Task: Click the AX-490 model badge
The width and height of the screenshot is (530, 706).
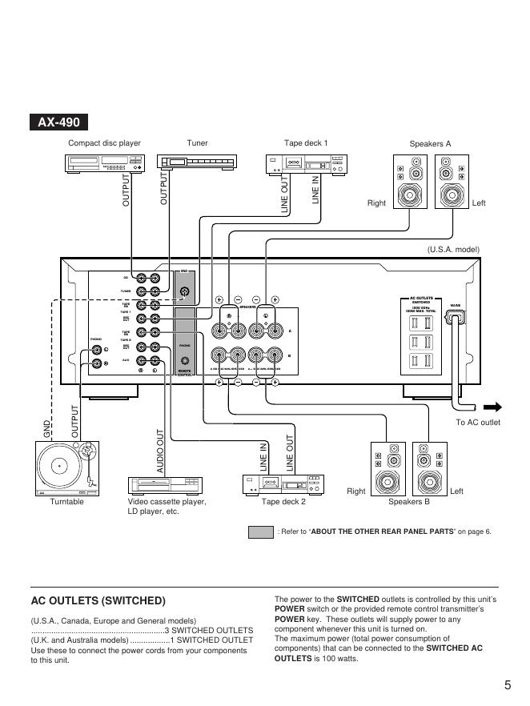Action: [59, 123]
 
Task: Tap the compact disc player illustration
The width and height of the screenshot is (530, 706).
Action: [104, 162]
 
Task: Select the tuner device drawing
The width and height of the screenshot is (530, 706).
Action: [197, 162]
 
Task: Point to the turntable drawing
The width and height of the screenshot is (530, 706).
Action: [66, 468]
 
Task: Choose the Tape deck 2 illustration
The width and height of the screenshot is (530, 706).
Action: [282, 485]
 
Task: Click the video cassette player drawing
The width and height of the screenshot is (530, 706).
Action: [167, 485]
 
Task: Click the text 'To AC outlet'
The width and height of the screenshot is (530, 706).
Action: [478, 423]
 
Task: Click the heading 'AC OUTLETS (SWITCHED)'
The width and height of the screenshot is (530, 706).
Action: [98, 600]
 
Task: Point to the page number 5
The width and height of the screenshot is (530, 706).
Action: [508, 684]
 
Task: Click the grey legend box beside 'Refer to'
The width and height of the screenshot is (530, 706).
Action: [261, 532]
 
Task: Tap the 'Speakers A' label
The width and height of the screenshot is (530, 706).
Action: [430, 144]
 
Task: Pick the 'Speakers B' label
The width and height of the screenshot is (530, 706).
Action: [408, 502]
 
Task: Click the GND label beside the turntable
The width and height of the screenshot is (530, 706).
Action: [46, 428]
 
